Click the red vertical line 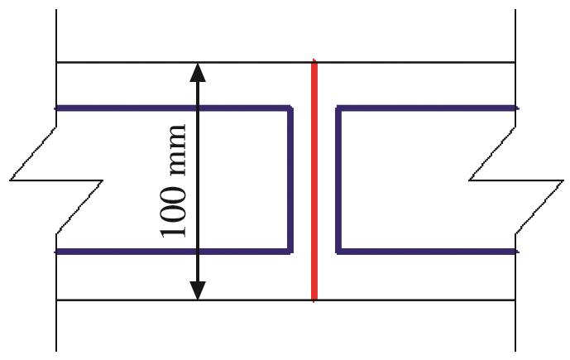[x=314, y=180]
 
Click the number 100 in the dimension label [x=174, y=213]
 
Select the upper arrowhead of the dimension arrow [x=198, y=72]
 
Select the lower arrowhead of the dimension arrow [x=198, y=290]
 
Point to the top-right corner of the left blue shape [x=290, y=108]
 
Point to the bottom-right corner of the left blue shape [x=290, y=252]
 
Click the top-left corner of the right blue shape [x=338, y=108]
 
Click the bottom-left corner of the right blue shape [x=338, y=252]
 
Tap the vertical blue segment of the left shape [x=290, y=180]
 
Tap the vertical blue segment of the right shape [x=338, y=180]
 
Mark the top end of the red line [x=314, y=60]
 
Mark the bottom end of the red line [x=314, y=301]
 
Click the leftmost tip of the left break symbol [x=10, y=180]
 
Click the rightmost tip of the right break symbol [x=563, y=180]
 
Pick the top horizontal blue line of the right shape [x=427, y=108]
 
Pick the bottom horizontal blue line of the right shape [x=427, y=252]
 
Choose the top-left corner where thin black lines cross [x=56, y=63]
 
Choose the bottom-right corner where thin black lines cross [x=515, y=300]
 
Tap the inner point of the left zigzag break [x=103, y=180]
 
